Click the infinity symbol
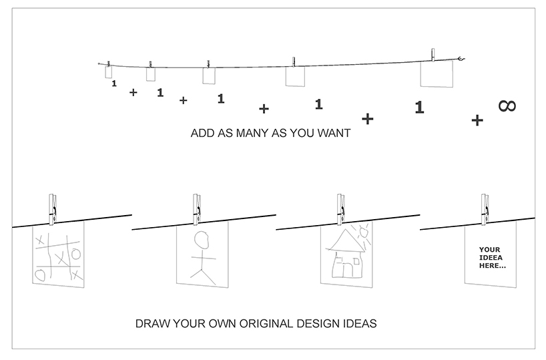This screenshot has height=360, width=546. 507,106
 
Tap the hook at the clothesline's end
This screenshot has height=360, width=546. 461,59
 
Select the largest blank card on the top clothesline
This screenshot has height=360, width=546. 437,74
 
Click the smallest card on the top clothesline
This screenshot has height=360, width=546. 109,72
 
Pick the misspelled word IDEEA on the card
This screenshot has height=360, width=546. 491,258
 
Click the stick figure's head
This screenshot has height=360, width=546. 202,240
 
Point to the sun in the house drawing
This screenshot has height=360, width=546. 364,232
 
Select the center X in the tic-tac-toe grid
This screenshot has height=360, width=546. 62,259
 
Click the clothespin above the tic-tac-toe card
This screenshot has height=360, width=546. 53,209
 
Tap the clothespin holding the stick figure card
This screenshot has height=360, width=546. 197,209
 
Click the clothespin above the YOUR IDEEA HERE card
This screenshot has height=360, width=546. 485,209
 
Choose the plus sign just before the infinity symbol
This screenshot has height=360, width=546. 477,120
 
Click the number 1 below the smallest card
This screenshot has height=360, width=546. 114,83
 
